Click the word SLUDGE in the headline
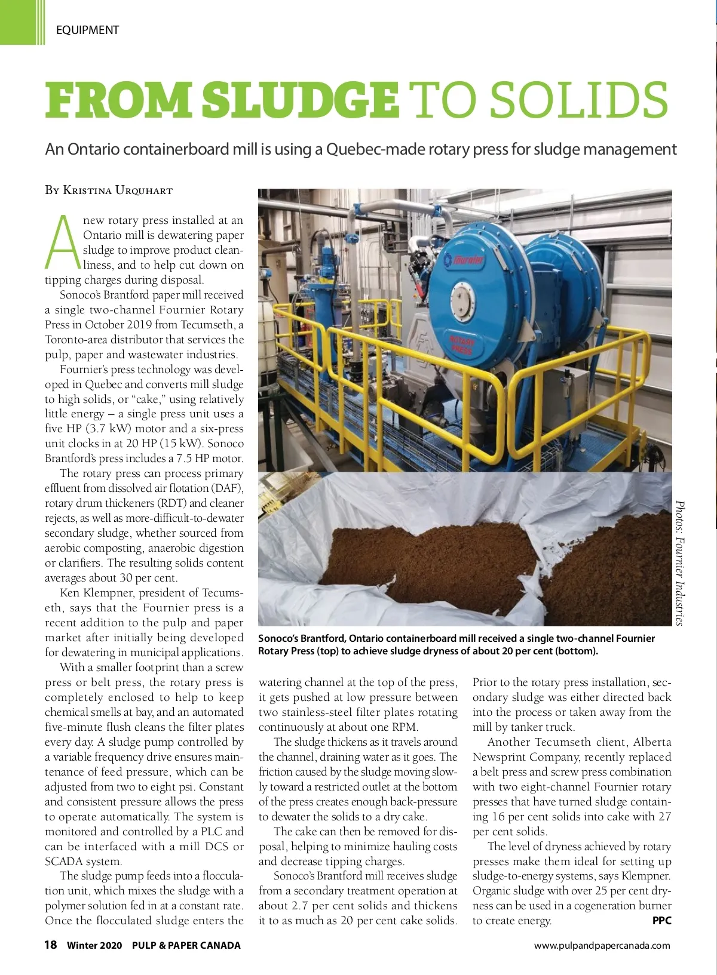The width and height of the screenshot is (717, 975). tap(300, 100)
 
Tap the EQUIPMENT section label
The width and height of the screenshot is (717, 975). tap(87, 30)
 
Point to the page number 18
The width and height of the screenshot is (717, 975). tap(51, 945)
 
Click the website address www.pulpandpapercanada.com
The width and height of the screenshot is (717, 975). tap(602, 945)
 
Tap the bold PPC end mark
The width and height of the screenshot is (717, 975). tap(661, 921)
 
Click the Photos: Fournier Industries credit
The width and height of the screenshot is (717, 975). tap(679, 562)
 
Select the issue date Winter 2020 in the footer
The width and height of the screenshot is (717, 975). tap(94, 945)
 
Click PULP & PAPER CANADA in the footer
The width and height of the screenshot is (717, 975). tap(186, 945)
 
